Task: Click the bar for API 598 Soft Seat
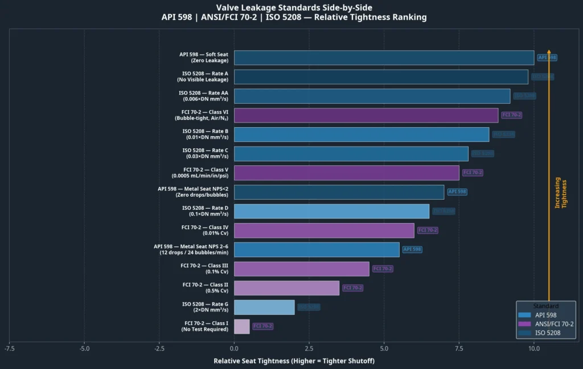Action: coord(384,58)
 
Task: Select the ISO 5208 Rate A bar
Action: coord(381,77)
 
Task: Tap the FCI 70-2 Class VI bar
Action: coord(366,115)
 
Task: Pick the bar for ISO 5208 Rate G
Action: coord(264,307)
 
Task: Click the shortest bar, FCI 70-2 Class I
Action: coord(241,326)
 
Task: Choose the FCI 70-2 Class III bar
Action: coord(301,269)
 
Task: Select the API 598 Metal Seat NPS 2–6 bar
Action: coord(317,249)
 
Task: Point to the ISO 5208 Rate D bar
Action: coord(331,211)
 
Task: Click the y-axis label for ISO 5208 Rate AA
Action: coord(203,96)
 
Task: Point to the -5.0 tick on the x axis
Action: coord(84,348)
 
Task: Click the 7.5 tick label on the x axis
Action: coord(459,348)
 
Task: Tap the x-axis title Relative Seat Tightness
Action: coord(294,361)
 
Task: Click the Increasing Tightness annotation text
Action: coord(561,192)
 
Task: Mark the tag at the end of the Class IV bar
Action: coord(428,230)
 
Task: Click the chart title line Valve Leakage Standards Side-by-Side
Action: coord(294,7)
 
